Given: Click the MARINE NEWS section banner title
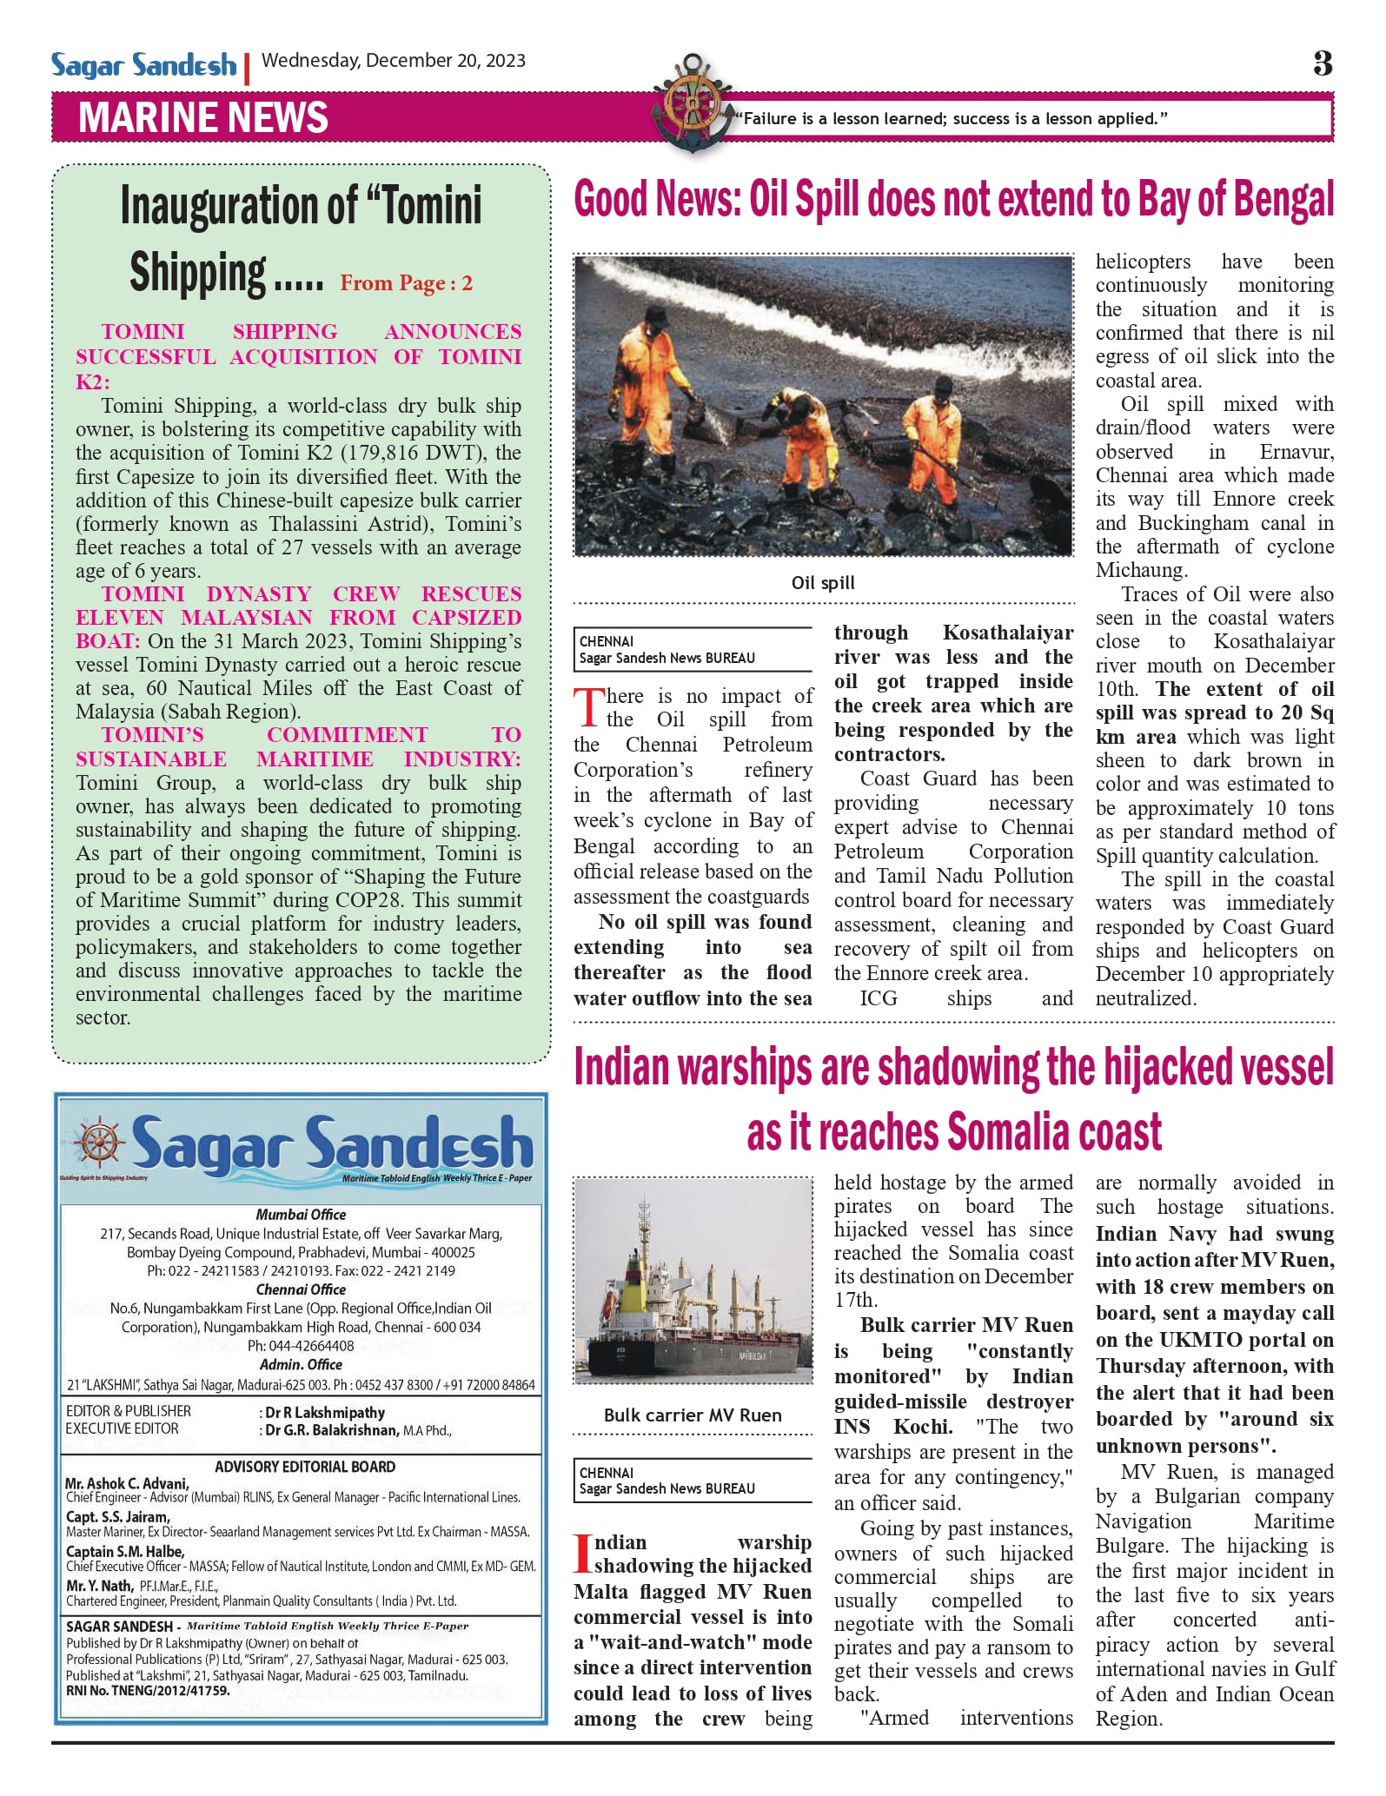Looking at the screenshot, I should pyautogui.click(x=202, y=118).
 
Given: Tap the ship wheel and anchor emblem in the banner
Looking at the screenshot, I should pyautogui.click(x=693, y=103).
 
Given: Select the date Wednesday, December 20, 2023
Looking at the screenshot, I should pyautogui.click(x=393, y=60).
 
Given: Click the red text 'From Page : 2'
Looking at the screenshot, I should pyautogui.click(x=406, y=283).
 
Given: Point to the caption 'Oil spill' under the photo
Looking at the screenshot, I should pyautogui.click(x=822, y=582).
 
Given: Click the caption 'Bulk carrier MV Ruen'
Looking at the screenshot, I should pyautogui.click(x=693, y=1415).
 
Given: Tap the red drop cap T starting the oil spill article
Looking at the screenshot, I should pyautogui.click(x=588, y=707).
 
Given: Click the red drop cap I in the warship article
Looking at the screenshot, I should pyautogui.click(x=582, y=1554).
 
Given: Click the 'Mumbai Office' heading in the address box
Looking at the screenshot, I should pyautogui.click(x=301, y=1215).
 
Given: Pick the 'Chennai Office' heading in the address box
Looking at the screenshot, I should pyautogui.click(x=301, y=1289).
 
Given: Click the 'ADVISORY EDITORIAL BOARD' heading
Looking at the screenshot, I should pyautogui.click(x=305, y=1467).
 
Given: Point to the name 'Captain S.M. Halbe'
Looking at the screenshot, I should pyautogui.click(x=125, y=1551).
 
